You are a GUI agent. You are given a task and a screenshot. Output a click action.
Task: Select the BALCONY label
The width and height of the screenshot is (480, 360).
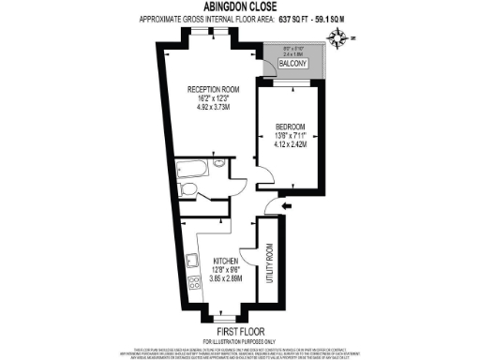pos(301,65)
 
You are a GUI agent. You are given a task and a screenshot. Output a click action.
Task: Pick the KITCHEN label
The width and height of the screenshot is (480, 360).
pos(228,260)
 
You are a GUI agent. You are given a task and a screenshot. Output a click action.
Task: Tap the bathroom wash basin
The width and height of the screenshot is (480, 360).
pos(218,164)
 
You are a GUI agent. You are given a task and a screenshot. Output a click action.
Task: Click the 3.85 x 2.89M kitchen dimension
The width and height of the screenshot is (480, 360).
pos(228,278)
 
